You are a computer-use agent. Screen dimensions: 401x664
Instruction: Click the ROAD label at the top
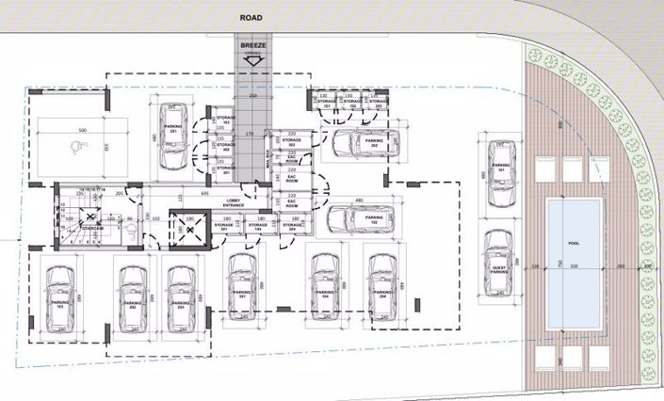pos(251,17)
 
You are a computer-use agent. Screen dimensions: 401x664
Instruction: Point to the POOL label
pos(573,241)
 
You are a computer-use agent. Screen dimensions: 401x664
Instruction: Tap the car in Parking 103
pos(58,297)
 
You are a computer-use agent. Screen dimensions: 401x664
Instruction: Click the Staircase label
pos(90,227)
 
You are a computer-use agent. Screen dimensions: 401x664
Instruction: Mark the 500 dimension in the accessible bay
pos(82,130)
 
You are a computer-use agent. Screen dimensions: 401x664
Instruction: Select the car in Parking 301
pos(236,283)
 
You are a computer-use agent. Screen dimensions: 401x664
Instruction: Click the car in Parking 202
pos(130,297)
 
